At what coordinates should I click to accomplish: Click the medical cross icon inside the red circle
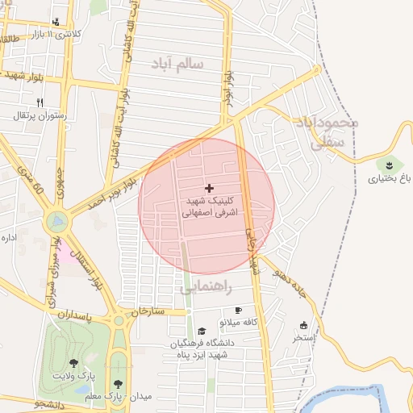pos(210,186)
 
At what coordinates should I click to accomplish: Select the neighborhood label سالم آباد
pos(176,62)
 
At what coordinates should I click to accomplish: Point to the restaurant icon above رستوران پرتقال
pos(40,102)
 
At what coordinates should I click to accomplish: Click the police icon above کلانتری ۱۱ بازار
pos(55,22)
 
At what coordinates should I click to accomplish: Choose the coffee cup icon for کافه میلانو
pos(237,311)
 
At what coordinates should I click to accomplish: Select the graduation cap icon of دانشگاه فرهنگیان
pos(201,331)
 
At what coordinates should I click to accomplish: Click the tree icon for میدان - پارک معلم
pos(119,383)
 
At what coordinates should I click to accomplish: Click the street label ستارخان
pos(148,311)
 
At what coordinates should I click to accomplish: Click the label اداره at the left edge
pos(10,238)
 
